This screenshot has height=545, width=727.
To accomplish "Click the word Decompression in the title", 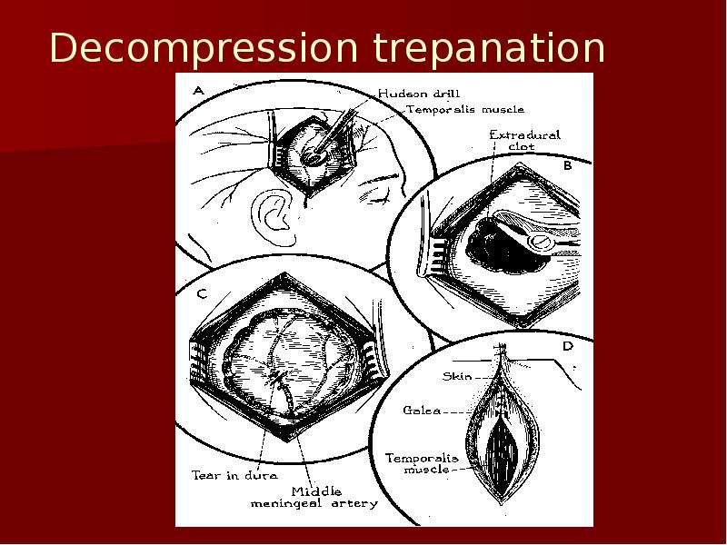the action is pyautogui.click(x=204, y=48).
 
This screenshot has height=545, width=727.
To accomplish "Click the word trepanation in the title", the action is pyautogui.click(x=489, y=47).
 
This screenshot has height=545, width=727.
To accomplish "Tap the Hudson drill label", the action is pyautogui.click(x=419, y=94).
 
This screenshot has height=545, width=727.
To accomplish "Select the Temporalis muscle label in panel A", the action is pyautogui.click(x=465, y=109).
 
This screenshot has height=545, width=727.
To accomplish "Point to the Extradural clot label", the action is pyautogui.click(x=524, y=140).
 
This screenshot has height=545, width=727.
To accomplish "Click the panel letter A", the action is pyautogui.click(x=198, y=91).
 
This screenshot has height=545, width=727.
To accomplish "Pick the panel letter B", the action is pyautogui.click(x=567, y=165).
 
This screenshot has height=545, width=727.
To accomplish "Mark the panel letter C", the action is pyautogui.click(x=202, y=293).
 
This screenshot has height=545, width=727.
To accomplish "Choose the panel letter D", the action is pyautogui.click(x=567, y=346).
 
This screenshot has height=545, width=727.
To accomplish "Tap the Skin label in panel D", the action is pyautogui.click(x=457, y=376).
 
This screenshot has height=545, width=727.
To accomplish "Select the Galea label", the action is pyautogui.click(x=422, y=411).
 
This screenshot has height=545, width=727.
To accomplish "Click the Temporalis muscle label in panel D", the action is pyautogui.click(x=422, y=463).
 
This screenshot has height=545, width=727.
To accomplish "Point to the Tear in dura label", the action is pyautogui.click(x=234, y=475).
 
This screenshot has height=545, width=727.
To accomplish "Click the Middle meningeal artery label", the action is pyautogui.click(x=314, y=497).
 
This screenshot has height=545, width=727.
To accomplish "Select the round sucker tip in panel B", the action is pyautogui.click(x=540, y=242).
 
